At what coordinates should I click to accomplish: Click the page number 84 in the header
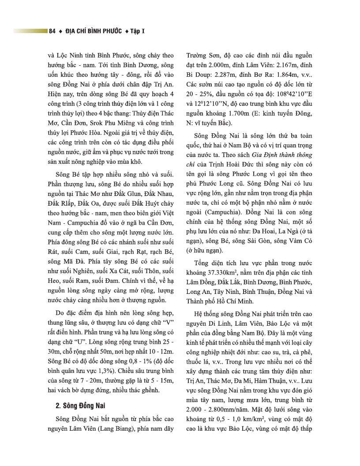(x=52, y=31)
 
